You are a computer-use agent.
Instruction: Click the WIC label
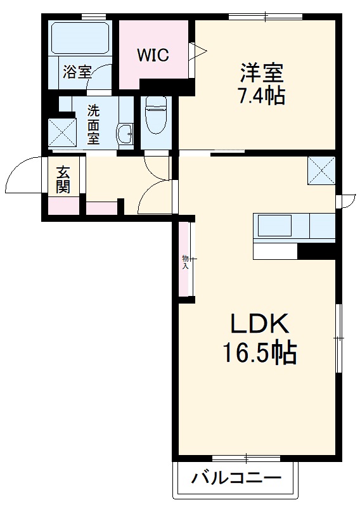(x=153, y=56)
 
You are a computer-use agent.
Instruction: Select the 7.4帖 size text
(x=261, y=96)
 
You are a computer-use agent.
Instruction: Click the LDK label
(x=259, y=325)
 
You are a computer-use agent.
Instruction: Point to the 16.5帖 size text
(x=259, y=353)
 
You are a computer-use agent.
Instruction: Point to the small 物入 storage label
(x=185, y=262)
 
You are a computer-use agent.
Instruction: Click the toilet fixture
(x=154, y=117)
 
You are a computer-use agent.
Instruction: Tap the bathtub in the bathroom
(x=80, y=38)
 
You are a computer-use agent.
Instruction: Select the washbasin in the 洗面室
(x=125, y=133)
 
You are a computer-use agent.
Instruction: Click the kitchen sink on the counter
(x=273, y=227)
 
